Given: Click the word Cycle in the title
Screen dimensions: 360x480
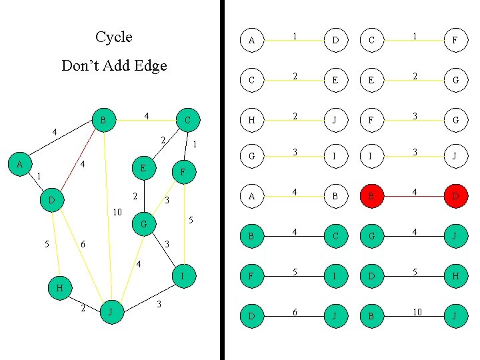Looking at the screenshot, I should tap(114, 37).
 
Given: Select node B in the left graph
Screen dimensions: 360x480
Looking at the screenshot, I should tap(103, 121).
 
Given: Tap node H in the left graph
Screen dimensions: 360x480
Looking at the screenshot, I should tap(60, 288).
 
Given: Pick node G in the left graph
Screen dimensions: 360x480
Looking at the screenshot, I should tap(143, 224).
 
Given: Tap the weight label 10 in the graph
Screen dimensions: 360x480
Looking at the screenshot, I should tap(117, 213).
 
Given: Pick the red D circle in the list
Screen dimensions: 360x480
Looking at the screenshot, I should tap(455, 197).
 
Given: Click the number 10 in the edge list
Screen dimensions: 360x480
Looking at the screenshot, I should tap(417, 312).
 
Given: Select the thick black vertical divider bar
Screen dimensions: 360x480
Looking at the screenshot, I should tap(223, 180).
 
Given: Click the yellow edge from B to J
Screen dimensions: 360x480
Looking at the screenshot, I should tap(107, 213).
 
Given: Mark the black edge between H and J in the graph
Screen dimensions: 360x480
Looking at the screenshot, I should tap(85, 299).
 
